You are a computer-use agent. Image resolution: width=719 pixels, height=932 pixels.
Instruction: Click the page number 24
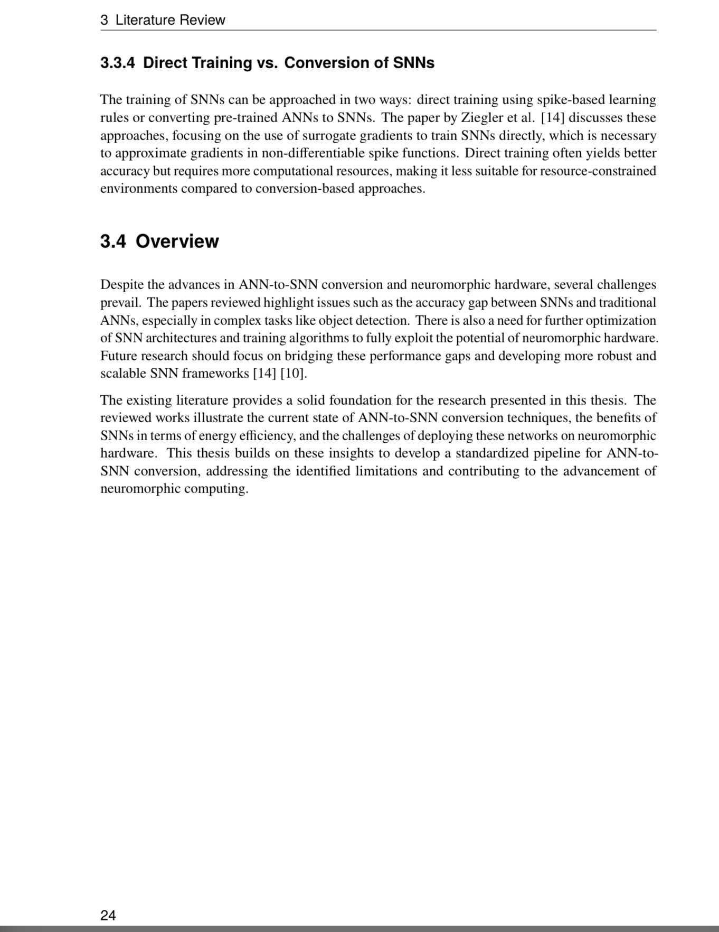click(108, 915)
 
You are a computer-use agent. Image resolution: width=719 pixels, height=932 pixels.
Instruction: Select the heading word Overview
click(177, 241)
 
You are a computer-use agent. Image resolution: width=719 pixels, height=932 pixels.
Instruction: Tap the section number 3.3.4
click(117, 63)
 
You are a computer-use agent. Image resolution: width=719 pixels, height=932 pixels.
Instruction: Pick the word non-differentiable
click(313, 153)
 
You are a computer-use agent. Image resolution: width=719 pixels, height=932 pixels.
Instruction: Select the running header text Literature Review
click(170, 20)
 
